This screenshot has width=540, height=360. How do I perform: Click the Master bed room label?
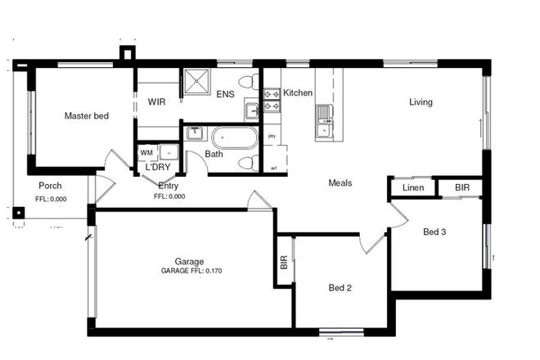[x=86, y=116]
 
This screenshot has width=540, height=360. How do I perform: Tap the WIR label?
[x=157, y=102]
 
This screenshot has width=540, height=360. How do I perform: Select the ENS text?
[x=226, y=94]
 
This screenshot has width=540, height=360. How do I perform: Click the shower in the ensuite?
[x=196, y=83]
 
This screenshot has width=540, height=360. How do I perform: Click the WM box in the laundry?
[x=146, y=152]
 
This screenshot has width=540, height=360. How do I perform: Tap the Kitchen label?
[x=298, y=93]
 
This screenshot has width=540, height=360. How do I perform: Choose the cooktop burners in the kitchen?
[x=272, y=100]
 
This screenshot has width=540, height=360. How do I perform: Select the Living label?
[x=421, y=102]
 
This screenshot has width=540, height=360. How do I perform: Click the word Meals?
[x=340, y=183]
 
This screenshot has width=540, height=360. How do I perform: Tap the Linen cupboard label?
[x=412, y=189]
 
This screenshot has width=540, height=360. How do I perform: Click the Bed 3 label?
[x=434, y=232]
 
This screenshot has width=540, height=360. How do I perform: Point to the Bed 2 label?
[x=340, y=288]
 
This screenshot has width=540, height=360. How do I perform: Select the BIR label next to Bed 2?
[x=284, y=262]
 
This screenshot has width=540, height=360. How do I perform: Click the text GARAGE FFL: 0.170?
[x=191, y=271]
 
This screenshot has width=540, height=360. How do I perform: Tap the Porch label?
[x=50, y=185]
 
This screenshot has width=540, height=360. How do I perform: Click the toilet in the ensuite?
[x=249, y=82]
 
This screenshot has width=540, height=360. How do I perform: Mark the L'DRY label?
[x=157, y=167]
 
